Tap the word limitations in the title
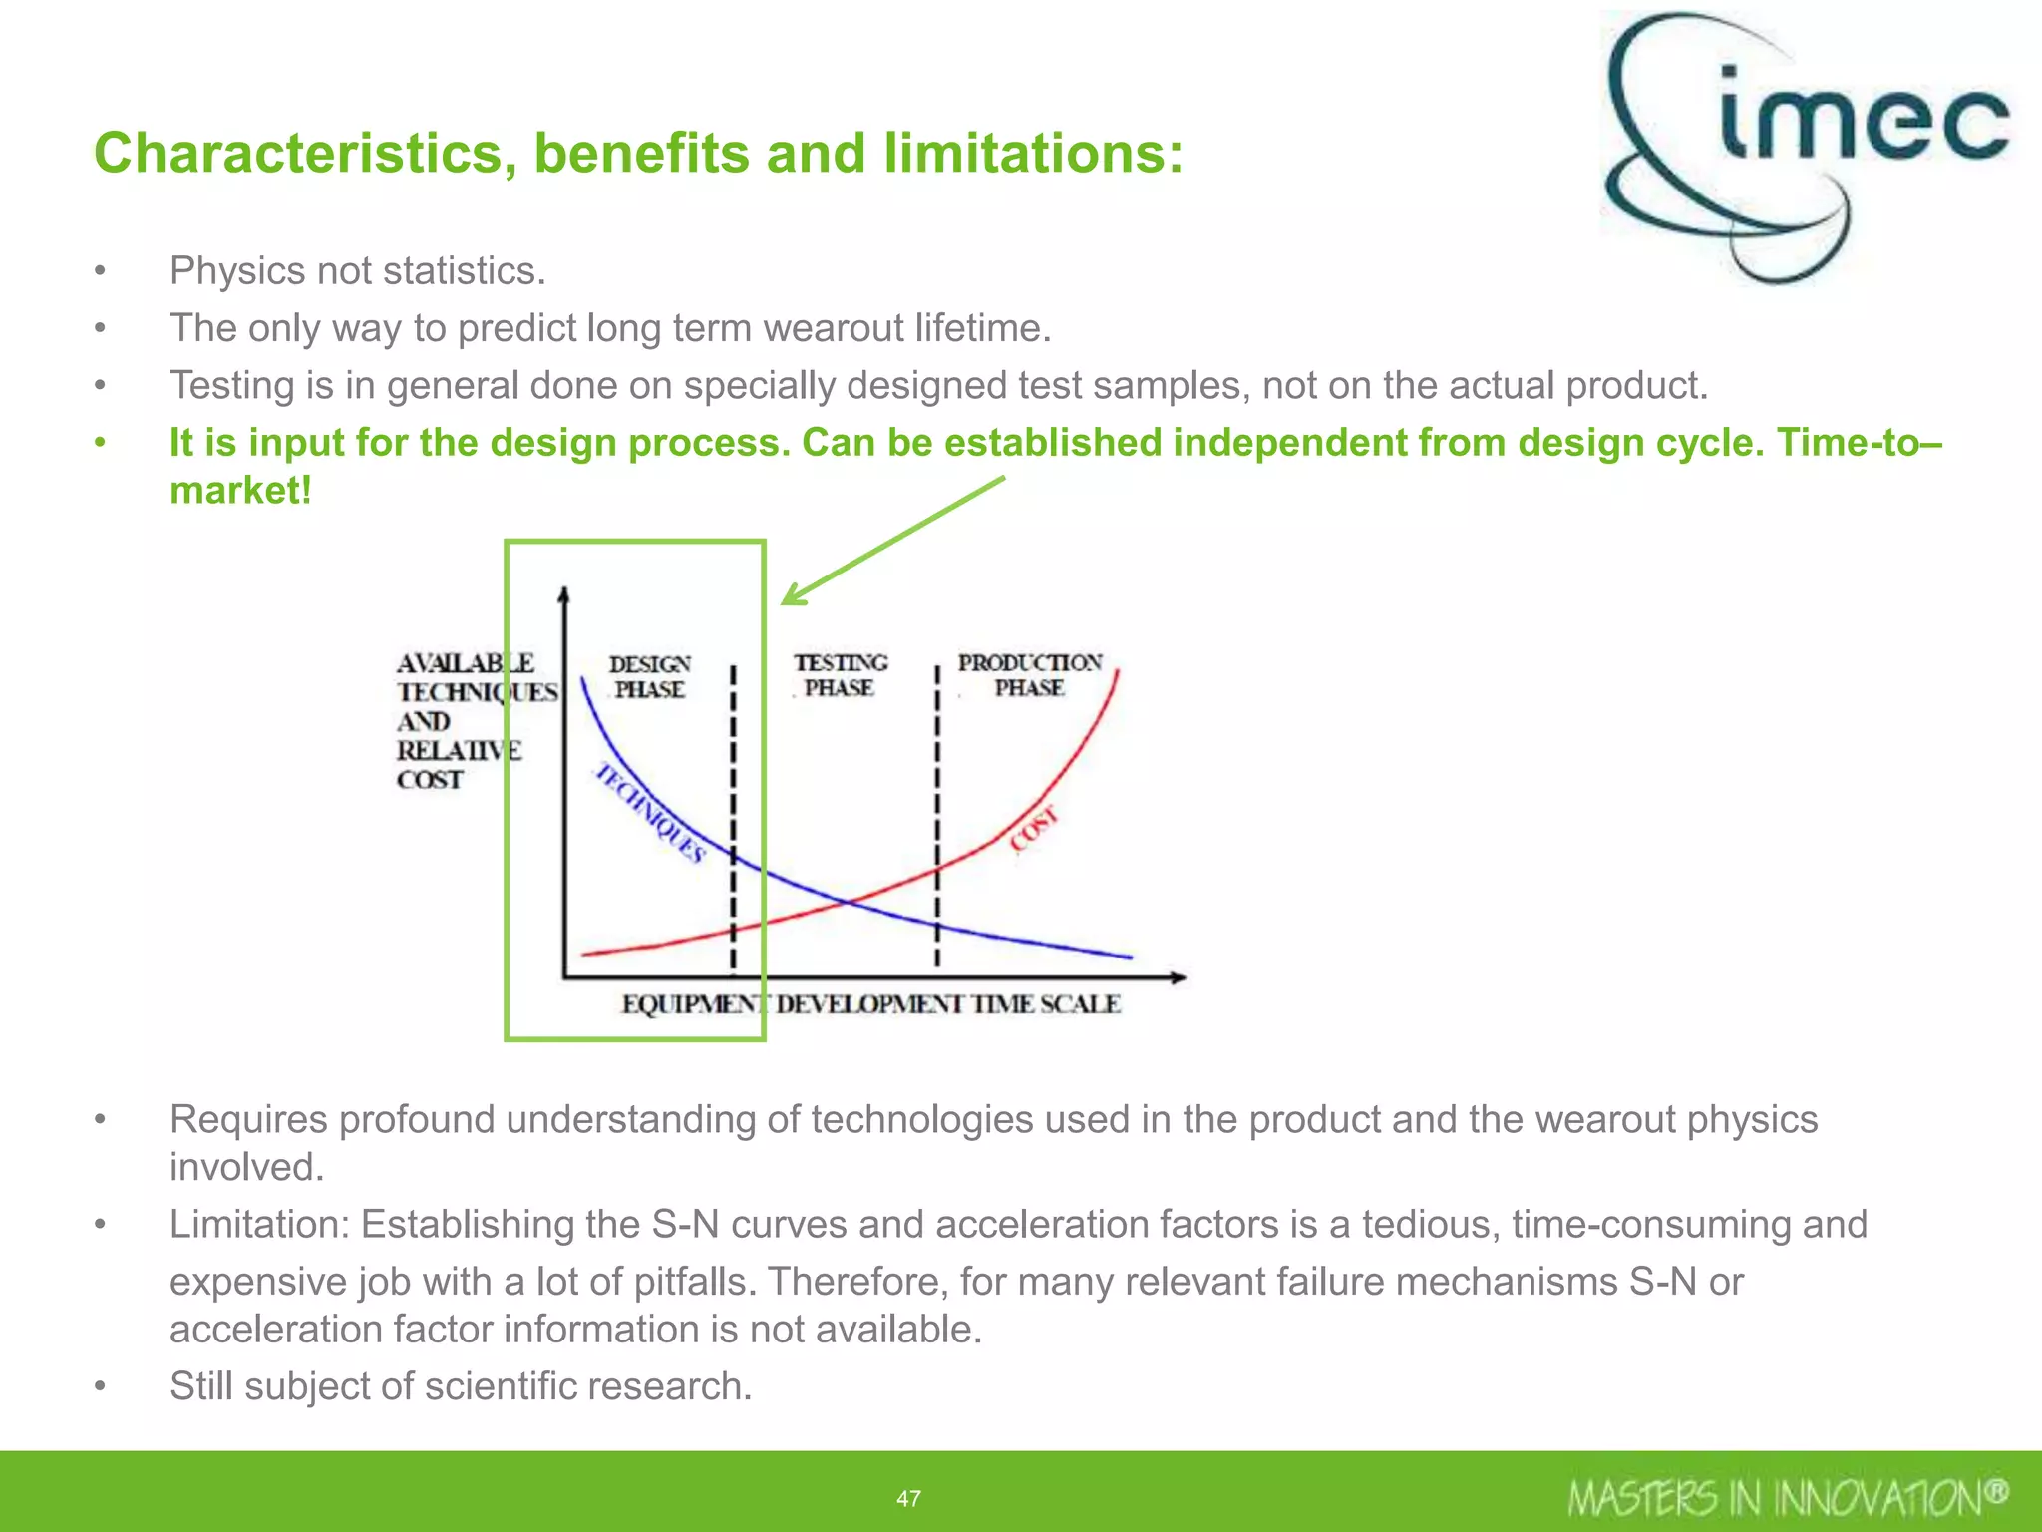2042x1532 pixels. [1032, 154]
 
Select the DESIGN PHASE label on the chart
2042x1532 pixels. [649, 677]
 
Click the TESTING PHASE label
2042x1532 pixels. [840, 675]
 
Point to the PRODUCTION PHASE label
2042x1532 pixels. [1029, 675]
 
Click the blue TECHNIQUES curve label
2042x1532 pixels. [650, 813]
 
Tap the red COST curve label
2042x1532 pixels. [1033, 830]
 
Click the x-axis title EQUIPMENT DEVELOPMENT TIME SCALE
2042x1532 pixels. [870, 1004]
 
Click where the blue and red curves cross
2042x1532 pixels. [849, 903]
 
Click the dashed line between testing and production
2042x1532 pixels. [936, 818]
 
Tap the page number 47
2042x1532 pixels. [908, 1498]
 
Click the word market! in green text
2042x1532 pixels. [240, 490]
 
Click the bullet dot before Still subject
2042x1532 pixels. [100, 1386]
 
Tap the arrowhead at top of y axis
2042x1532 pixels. [564, 595]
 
